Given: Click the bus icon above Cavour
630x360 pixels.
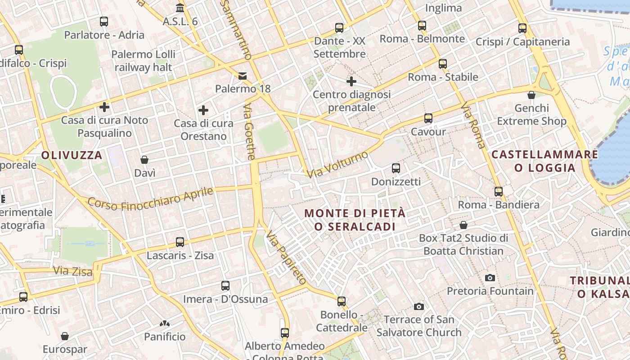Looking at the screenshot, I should [x=428, y=118].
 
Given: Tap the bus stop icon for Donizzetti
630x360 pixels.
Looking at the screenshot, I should [x=396, y=168].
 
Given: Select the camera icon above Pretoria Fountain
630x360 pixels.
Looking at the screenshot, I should [x=490, y=278].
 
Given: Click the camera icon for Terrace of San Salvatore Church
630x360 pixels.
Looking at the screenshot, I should [x=419, y=306].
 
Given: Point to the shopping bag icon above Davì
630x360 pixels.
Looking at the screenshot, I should [x=144, y=160].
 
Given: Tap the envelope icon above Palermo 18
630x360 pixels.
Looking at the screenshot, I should [x=243, y=76].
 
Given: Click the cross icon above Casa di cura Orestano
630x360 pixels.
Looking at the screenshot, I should [x=203, y=110].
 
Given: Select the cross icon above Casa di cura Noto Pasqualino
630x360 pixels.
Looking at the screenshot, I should [x=104, y=107].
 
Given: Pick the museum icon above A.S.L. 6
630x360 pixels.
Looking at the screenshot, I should [x=180, y=8].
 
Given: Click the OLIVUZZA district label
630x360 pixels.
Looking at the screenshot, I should [x=72, y=155].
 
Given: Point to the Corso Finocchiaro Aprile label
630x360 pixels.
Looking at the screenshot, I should [x=150, y=199].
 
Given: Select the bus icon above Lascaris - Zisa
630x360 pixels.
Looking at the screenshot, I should [x=180, y=242].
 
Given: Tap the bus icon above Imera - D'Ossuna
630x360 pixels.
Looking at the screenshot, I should [x=225, y=286].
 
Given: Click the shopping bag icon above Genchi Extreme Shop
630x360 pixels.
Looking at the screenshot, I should [x=531, y=95].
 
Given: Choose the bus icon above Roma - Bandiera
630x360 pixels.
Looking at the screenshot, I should [x=499, y=191].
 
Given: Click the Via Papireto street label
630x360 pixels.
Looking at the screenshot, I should [x=286, y=258].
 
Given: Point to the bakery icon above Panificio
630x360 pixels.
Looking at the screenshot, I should [x=164, y=323].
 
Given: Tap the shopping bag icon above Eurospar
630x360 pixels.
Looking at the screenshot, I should [x=65, y=336].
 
